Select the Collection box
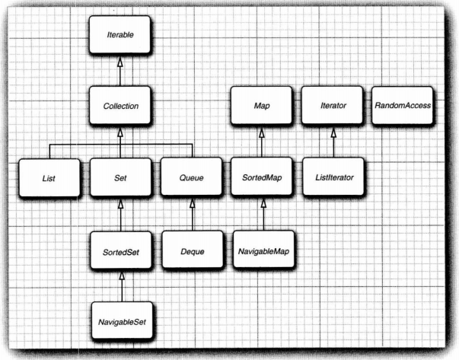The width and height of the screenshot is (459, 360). coord(120,106)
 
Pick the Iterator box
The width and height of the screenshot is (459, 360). coord(333,106)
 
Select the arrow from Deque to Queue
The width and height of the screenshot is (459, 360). coord(190,215)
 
